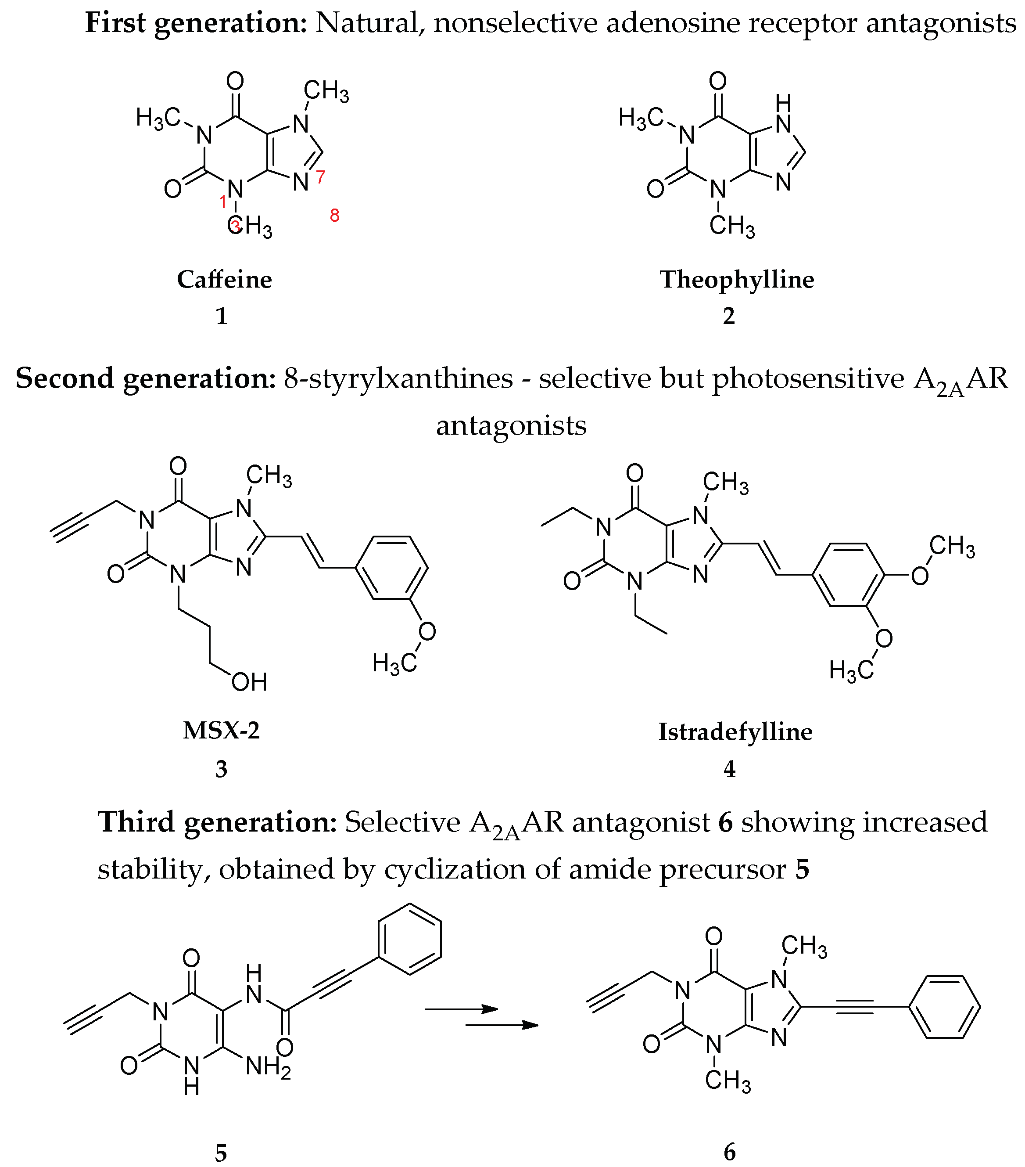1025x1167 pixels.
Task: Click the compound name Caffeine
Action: tap(224, 280)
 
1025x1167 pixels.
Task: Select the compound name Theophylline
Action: tap(737, 280)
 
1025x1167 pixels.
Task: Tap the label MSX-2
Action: tap(222, 731)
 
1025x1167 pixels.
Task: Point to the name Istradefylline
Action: tap(735, 732)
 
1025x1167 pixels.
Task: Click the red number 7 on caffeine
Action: tap(320, 177)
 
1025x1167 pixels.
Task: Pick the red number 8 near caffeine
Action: tap(334, 215)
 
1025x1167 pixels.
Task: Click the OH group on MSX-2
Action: tap(249, 682)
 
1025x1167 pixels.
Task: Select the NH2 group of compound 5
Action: tap(268, 1066)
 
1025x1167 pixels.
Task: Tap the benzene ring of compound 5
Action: tap(410, 939)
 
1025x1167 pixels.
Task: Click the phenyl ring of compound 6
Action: tap(944, 1007)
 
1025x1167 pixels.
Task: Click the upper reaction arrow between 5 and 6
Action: tap(461, 1009)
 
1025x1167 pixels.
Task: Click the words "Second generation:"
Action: tap(146, 378)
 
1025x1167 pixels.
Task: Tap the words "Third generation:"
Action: tap(218, 822)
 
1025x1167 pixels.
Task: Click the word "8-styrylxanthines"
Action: tap(398, 378)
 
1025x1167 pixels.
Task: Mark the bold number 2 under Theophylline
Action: tap(729, 316)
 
